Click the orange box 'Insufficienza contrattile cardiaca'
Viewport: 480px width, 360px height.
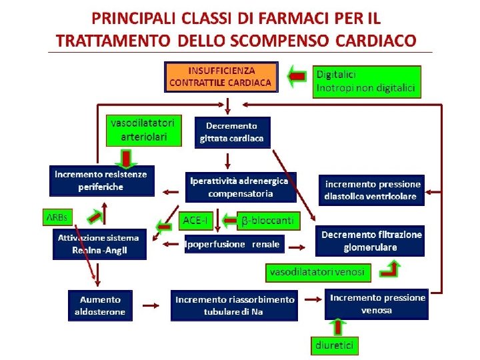(221, 77)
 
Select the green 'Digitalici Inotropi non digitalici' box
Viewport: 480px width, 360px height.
(367, 81)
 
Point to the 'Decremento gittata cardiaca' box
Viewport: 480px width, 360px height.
(231, 132)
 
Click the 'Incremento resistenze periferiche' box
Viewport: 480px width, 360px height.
(101, 180)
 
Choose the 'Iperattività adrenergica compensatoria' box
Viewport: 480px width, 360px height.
(239, 187)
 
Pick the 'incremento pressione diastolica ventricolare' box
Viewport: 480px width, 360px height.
(373, 190)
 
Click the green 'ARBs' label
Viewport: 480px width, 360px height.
(56, 218)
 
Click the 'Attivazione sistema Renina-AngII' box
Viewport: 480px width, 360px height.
(99, 244)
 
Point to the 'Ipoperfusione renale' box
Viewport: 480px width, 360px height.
(233, 244)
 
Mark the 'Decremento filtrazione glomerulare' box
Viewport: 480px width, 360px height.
(370, 241)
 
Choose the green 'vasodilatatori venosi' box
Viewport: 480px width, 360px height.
(317, 272)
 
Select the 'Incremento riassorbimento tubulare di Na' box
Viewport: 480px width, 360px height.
(234, 305)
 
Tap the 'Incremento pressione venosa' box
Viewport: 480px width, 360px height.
(376, 304)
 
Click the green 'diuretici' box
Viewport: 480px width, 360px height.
(335, 345)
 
